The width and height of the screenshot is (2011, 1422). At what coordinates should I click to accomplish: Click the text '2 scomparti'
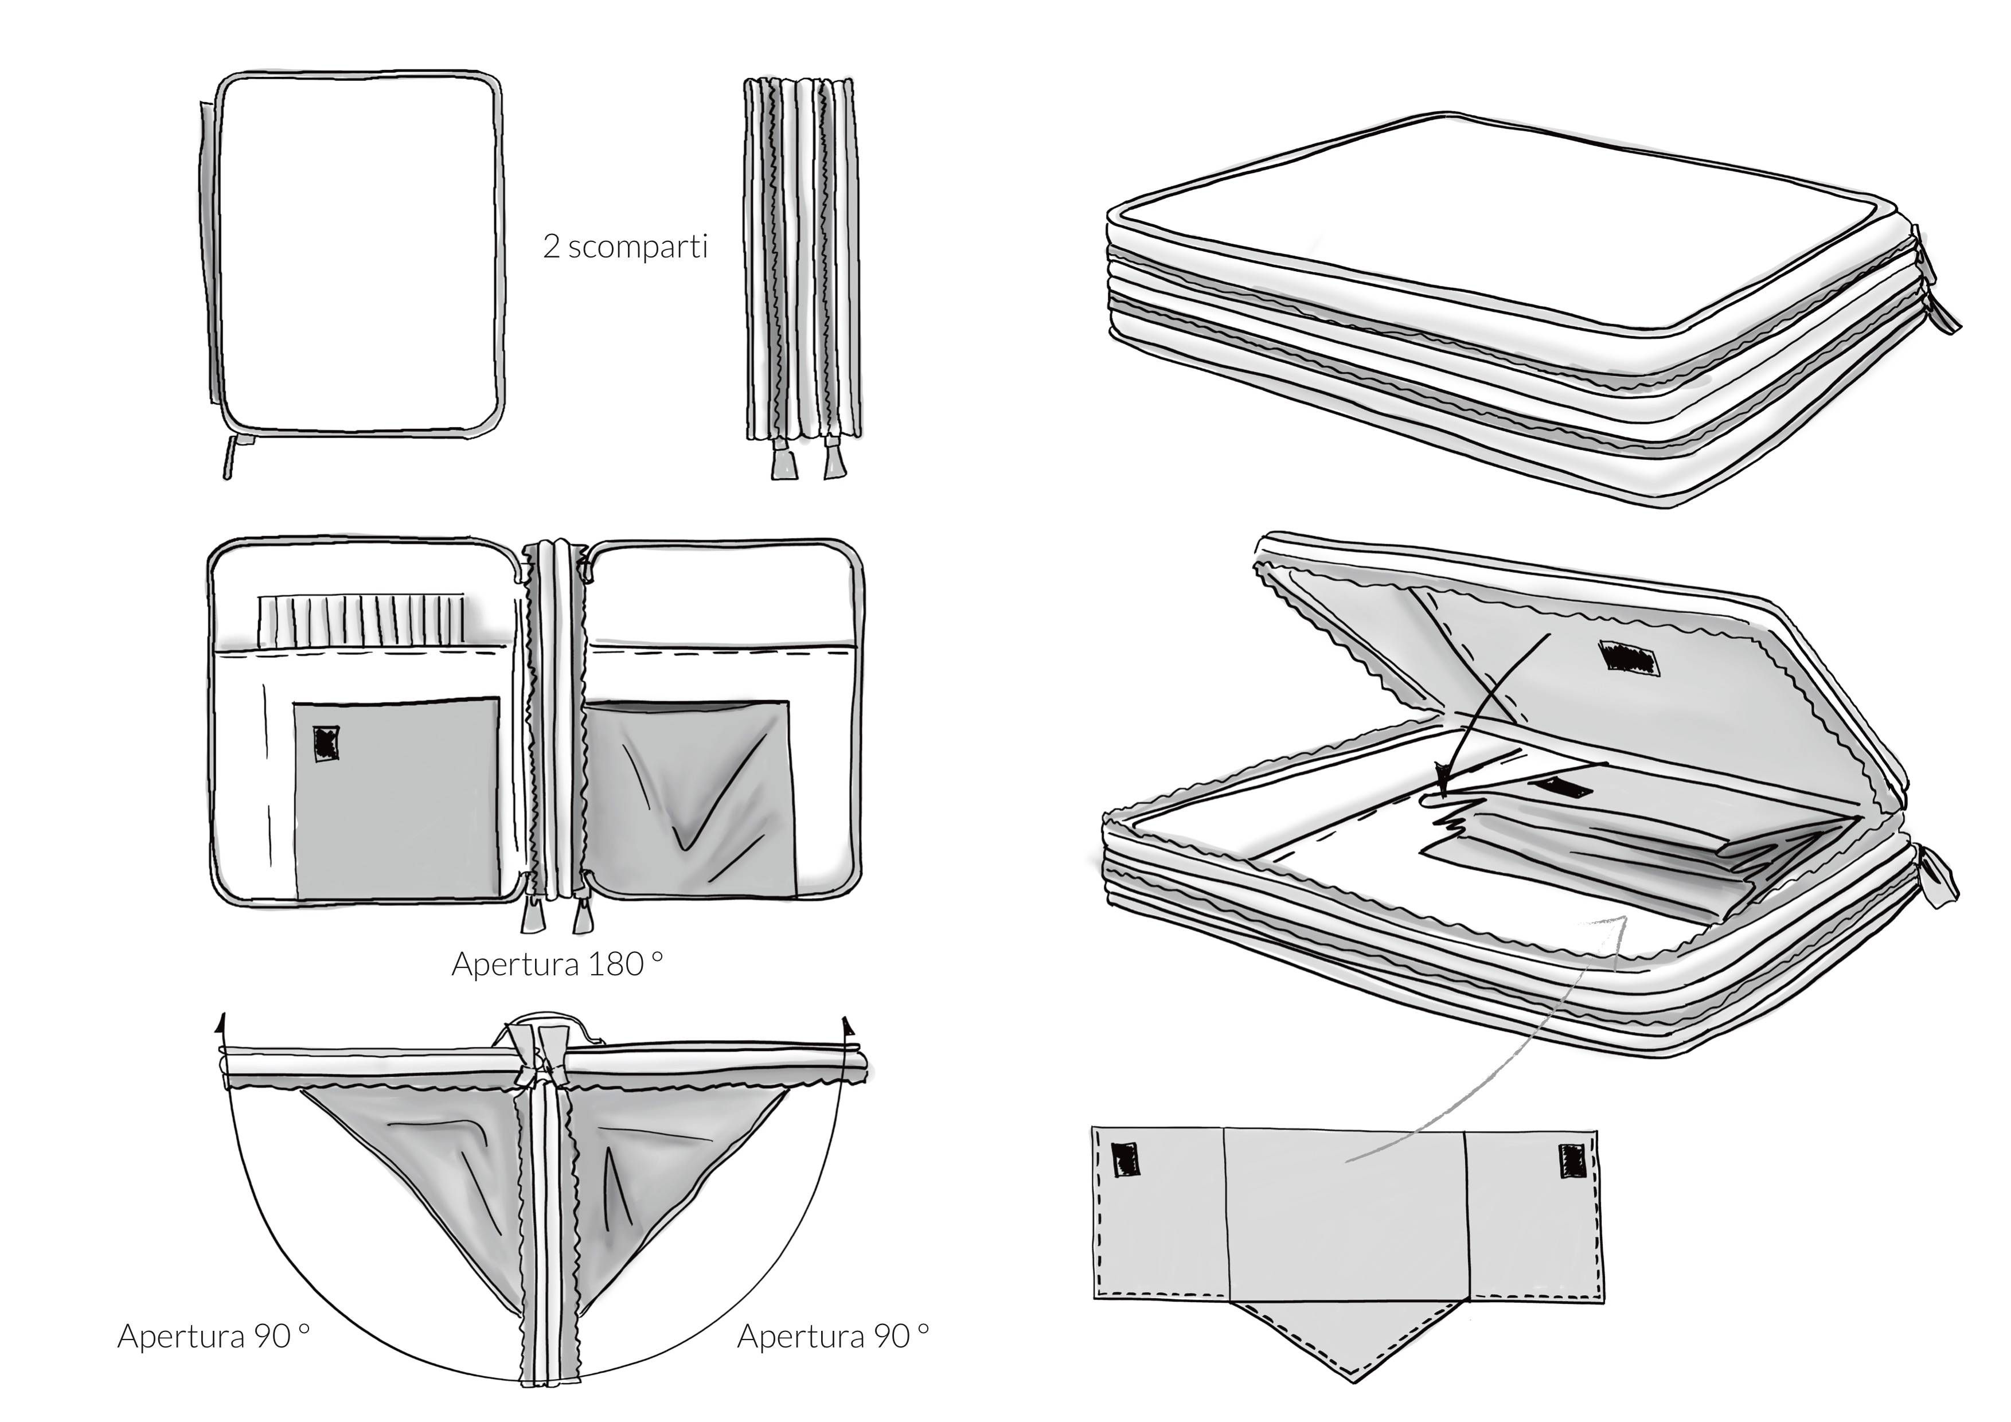(624, 247)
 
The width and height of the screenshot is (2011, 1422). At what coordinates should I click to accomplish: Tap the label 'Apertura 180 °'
(557, 964)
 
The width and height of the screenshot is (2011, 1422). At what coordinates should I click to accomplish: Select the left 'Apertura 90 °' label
(214, 1336)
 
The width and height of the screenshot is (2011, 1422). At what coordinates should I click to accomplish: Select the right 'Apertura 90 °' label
(833, 1336)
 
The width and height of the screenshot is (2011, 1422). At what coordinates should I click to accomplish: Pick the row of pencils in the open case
(361, 620)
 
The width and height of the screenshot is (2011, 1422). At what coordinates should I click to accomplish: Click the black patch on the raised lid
(1629, 658)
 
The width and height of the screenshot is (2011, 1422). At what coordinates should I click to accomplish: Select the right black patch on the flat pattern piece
(1571, 1161)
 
